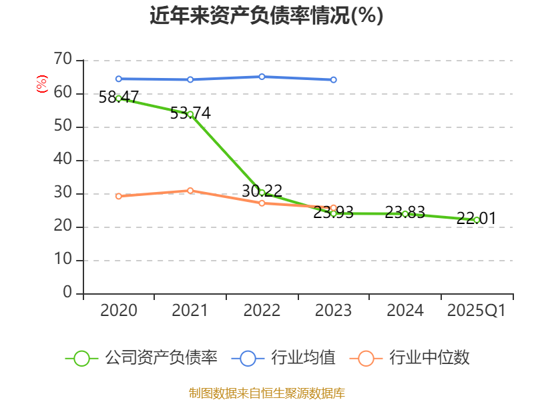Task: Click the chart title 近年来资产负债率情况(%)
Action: coord(266,15)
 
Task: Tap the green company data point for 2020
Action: coord(119,98)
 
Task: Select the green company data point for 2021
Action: coord(190,114)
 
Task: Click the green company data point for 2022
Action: coord(262,193)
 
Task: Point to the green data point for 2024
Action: coord(405,214)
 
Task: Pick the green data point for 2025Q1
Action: coord(477,219)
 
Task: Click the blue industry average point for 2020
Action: coord(119,79)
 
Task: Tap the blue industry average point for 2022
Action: coord(262,77)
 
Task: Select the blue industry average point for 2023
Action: coord(334,79)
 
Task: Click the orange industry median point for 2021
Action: coord(190,191)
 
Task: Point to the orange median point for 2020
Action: coord(119,196)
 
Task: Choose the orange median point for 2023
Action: coord(334,208)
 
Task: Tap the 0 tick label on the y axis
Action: coord(67,293)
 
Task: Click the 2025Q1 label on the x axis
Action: coord(477,311)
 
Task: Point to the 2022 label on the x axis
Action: coord(262,311)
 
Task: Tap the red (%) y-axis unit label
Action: coord(42,85)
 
